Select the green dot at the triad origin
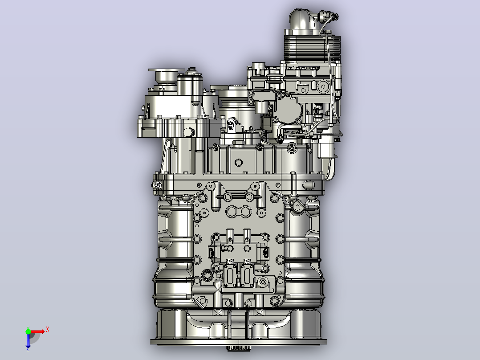tap(28, 331)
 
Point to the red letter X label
tap(48, 330)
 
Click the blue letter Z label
tap(28, 349)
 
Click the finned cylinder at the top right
tap(312, 48)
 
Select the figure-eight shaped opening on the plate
tap(239, 212)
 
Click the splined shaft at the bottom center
tap(239, 348)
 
